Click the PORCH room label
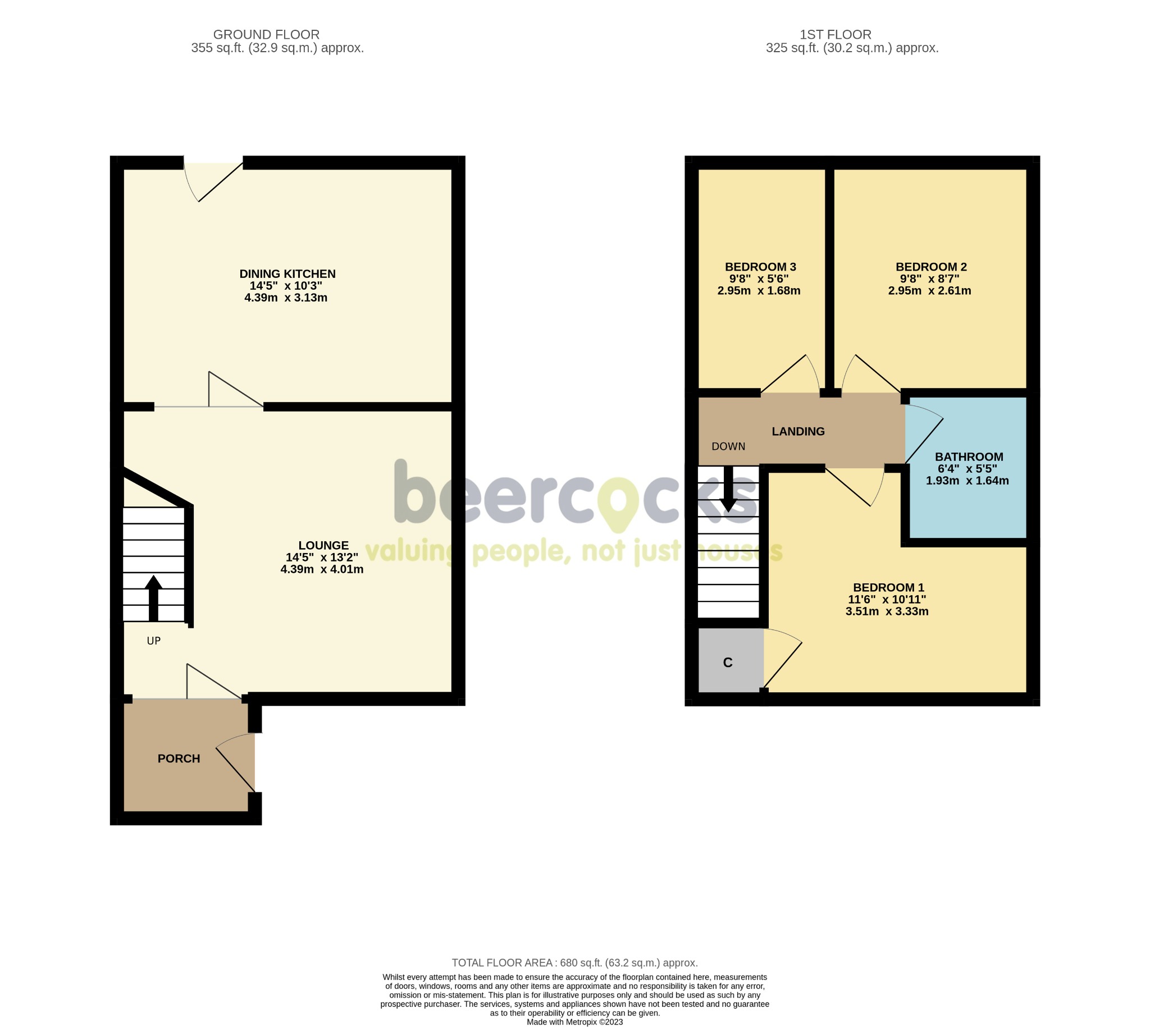click(179, 759)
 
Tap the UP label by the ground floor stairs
click(153, 641)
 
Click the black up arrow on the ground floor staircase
click(153, 598)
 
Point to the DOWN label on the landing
click(728, 446)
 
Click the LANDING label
click(798, 431)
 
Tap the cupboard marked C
click(728, 663)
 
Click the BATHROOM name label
click(968, 457)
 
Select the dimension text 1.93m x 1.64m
click(967, 481)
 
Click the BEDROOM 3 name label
click(760, 266)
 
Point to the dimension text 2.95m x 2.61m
click(929, 291)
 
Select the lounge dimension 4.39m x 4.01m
click(322, 569)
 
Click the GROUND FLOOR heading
click(266, 34)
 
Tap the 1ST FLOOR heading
click(835, 34)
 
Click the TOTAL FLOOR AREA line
click(574, 962)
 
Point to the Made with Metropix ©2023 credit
click(574, 1022)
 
